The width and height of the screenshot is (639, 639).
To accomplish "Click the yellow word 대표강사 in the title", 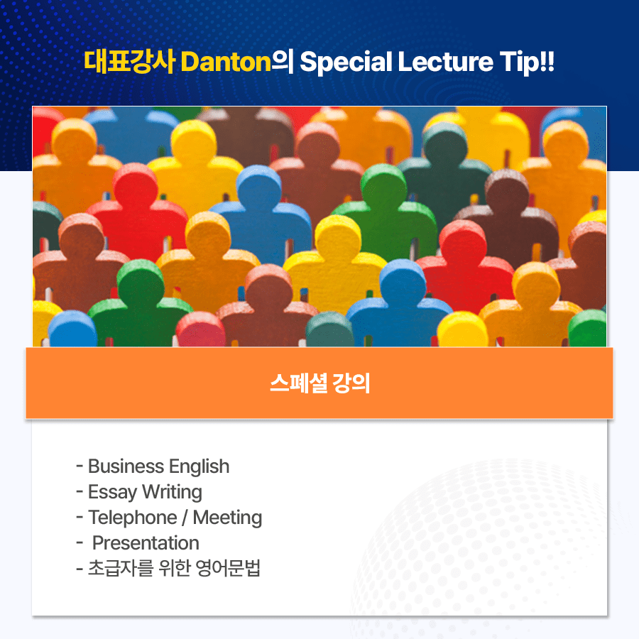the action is click(130, 62).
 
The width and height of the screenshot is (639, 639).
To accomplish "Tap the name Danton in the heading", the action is click(226, 62).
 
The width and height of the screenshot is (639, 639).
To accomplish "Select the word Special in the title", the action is click(346, 62).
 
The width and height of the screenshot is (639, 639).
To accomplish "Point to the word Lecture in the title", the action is click(445, 62).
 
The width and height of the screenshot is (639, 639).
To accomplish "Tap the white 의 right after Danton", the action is click(283, 62).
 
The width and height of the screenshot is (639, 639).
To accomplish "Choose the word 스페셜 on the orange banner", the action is click(299, 383).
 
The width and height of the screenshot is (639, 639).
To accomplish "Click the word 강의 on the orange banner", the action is click(351, 383).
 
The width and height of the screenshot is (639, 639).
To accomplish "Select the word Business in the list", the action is click(126, 466).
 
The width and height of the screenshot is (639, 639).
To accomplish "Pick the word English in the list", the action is click(200, 467).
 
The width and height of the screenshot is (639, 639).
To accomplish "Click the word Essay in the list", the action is click(112, 492).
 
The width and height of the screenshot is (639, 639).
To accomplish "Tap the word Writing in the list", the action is click(172, 492).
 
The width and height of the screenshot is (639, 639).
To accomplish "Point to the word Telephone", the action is click(133, 518).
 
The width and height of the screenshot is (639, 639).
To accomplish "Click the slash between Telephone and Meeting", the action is click(185, 518).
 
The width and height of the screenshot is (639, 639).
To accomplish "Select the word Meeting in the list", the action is click(227, 518).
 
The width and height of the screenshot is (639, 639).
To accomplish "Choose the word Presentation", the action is click(146, 543).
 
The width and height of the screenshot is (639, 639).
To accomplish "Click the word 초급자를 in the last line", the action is click(121, 568).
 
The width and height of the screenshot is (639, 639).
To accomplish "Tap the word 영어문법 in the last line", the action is click(228, 568).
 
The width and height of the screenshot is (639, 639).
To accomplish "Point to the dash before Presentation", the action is click(80, 543).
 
